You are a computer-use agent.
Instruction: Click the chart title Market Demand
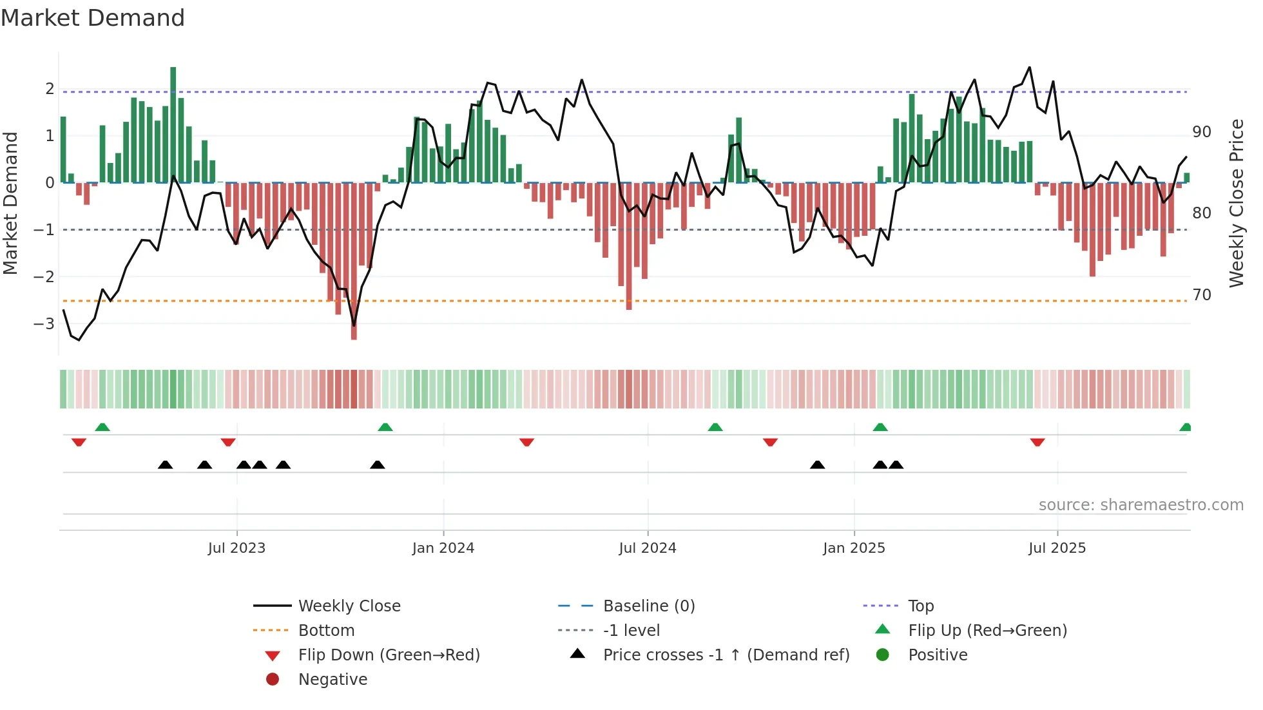[93, 17]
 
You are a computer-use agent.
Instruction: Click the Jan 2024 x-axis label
[443, 548]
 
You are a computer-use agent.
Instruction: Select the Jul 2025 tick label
[1057, 548]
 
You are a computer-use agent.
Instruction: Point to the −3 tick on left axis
[44, 323]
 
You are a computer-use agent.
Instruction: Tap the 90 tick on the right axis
[1201, 132]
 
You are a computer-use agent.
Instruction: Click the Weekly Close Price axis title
[1236, 203]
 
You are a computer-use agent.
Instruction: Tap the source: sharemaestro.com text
[1141, 505]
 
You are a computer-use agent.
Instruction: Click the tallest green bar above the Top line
[173, 122]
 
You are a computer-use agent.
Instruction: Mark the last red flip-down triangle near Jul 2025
[1037, 442]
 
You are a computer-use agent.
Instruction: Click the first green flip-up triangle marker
[102, 427]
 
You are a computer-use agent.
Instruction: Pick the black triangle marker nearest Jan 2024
[378, 465]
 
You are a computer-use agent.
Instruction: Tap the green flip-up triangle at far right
[1185, 427]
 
